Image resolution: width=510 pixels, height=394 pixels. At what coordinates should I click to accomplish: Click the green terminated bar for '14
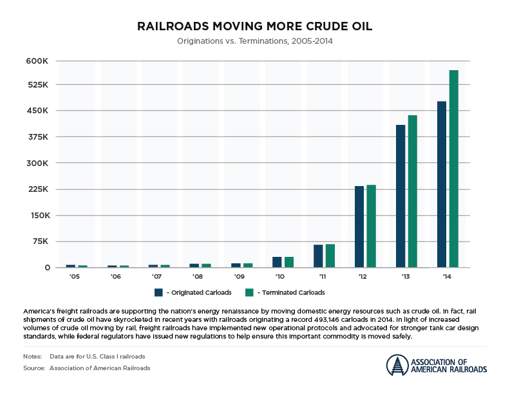(453, 169)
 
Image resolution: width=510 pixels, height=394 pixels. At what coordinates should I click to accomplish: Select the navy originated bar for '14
(442, 184)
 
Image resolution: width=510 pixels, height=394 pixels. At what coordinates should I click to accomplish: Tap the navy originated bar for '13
(401, 196)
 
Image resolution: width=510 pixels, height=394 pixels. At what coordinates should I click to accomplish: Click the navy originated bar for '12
(359, 227)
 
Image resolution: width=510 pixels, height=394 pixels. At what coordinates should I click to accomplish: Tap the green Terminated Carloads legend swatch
(249, 293)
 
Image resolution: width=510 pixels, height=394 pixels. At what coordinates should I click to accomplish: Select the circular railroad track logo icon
(397, 365)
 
